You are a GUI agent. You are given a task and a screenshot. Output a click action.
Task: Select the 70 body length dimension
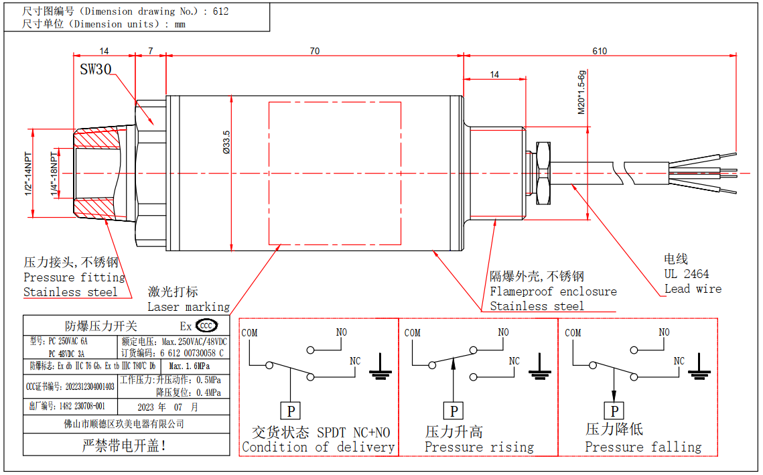(x=314, y=51)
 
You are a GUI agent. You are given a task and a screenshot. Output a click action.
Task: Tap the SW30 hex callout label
(x=95, y=70)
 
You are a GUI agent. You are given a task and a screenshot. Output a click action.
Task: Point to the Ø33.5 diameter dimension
(x=226, y=143)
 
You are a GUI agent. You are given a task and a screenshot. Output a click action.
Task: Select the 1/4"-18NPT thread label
(x=54, y=174)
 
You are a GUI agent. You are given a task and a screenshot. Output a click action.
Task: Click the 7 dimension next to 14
(x=151, y=51)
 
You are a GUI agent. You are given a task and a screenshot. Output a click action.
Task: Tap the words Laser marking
(x=188, y=307)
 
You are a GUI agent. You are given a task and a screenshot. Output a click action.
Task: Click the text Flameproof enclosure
(x=553, y=291)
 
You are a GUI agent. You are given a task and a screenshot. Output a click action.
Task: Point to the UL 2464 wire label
(x=686, y=274)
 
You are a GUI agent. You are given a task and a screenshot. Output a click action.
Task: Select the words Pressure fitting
(x=74, y=277)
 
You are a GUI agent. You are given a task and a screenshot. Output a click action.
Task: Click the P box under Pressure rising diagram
(x=454, y=410)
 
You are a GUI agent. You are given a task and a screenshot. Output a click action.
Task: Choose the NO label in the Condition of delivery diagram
(x=342, y=332)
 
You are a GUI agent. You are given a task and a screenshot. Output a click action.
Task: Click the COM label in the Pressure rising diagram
(x=413, y=333)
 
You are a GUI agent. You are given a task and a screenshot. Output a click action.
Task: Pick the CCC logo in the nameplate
(x=207, y=326)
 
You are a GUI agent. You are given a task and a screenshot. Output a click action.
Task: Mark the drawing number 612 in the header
(x=220, y=11)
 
